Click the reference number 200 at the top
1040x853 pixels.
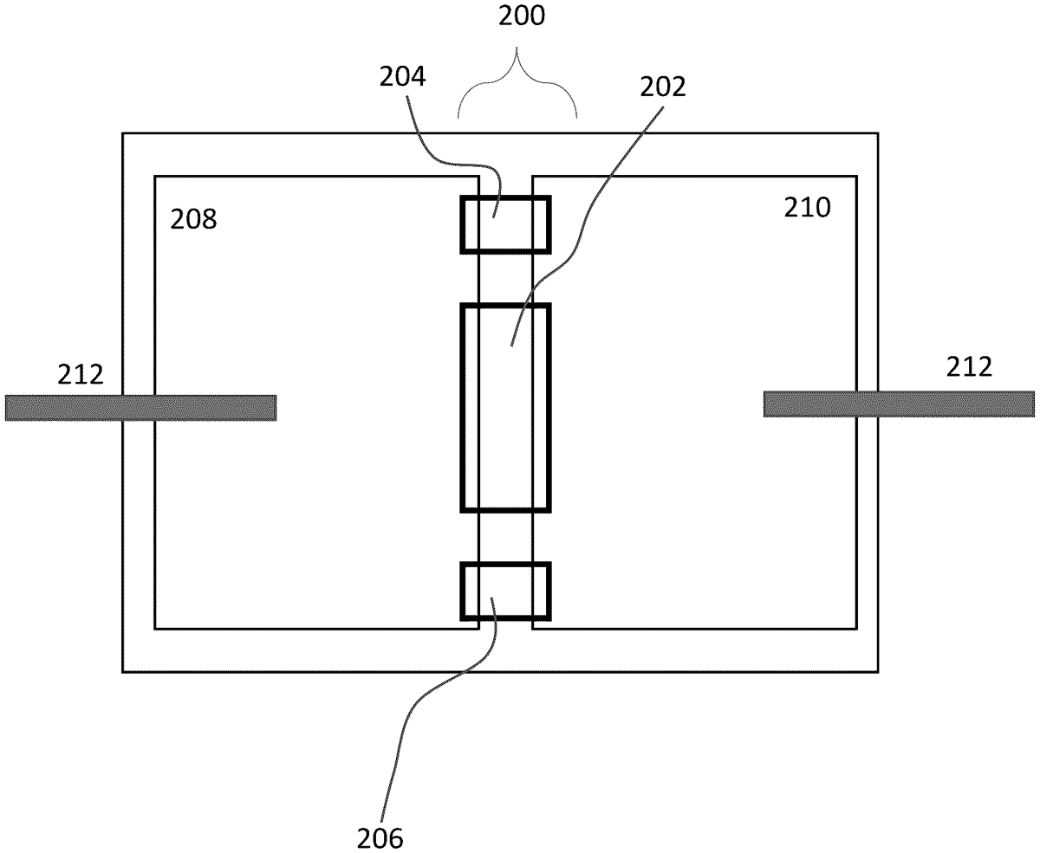[x=521, y=18]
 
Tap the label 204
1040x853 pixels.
[x=402, y=79]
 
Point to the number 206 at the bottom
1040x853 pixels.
[x=380, y=837]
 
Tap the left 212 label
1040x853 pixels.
[x=81, y=374]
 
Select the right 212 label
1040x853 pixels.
[x=969, y=367]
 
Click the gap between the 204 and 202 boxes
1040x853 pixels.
[x=505, y=278]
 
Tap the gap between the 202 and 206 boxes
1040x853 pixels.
[x=505, y=537]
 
